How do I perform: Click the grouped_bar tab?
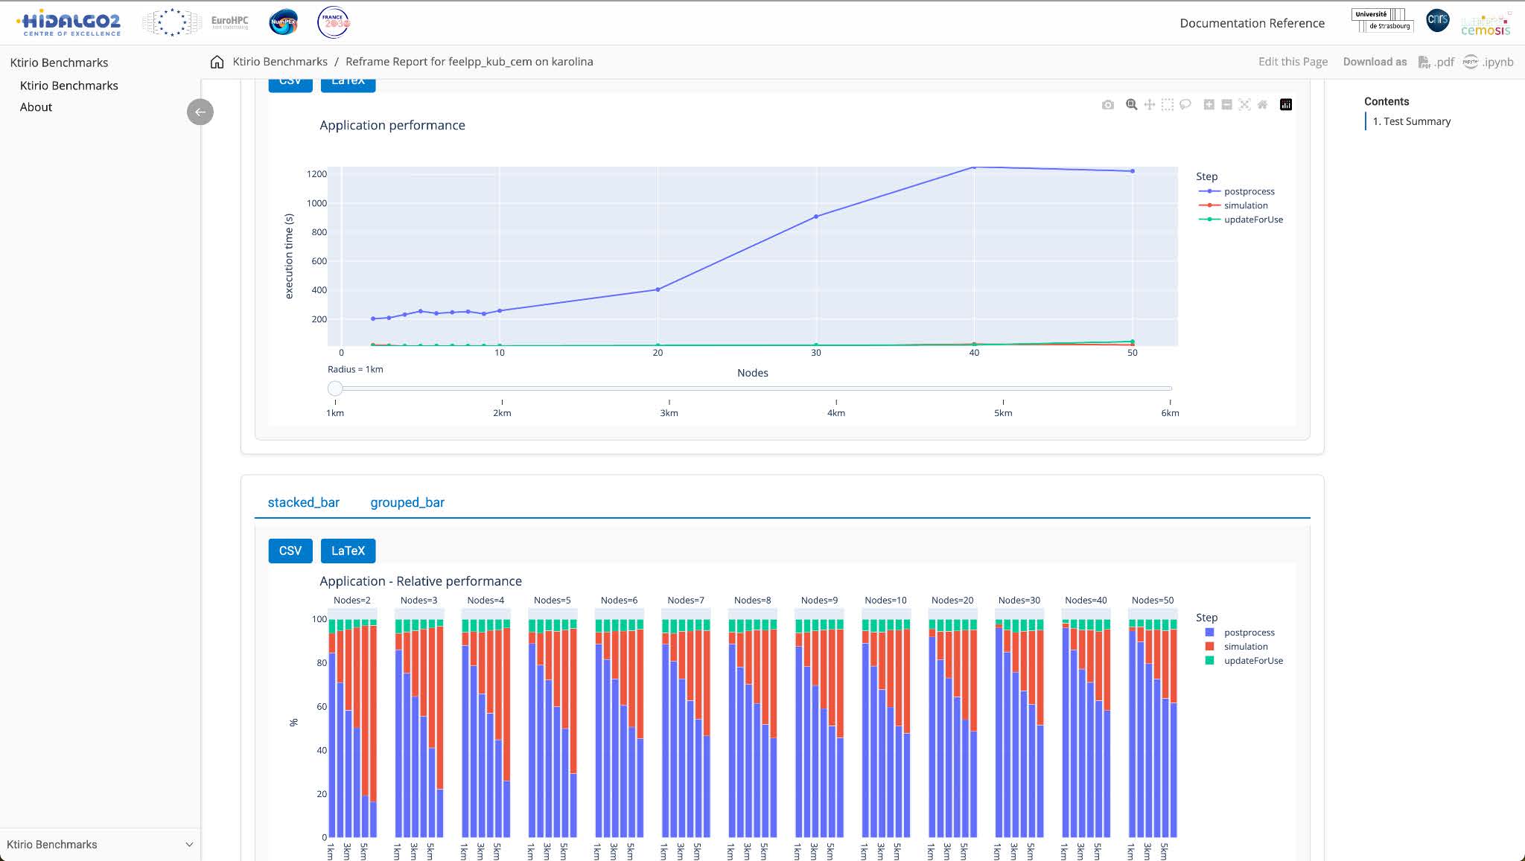407,502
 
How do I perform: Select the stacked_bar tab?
303,502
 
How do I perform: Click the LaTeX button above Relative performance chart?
348,551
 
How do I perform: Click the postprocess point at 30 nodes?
816,217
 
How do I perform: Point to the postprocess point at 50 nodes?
1133,171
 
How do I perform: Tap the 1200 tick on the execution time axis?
316,174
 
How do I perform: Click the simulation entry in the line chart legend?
1245,205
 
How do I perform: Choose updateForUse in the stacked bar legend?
1252,661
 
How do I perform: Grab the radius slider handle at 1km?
335,388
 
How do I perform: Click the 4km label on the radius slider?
835,413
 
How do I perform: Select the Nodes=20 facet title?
952,600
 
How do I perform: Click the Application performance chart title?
392,125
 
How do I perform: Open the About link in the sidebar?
36,107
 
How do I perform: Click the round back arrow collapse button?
200,112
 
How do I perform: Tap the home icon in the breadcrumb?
217,62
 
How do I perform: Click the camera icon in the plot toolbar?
1107,105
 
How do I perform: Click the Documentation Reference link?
1252,23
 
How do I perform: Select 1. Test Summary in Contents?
1411,121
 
